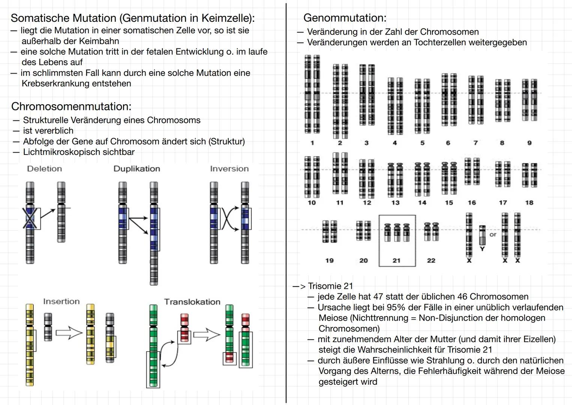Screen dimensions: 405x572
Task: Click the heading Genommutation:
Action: [344, 18]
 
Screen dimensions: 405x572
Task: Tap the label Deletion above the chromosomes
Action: [44, 169]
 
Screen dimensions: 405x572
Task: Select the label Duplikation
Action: [137, 169]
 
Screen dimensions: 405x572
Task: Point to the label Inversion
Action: [229, 169]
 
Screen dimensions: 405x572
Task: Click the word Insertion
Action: [61, 301]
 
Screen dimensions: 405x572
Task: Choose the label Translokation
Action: [192, 302]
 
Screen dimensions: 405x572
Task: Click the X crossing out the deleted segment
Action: [30, 218]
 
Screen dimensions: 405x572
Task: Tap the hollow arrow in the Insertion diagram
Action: [69, 333]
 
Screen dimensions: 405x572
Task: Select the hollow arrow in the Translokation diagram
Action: [207, 334]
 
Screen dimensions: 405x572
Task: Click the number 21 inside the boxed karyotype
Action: [396, 260]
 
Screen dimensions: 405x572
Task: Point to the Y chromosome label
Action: [482, 249]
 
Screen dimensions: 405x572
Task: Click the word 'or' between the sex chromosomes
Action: [492, 235]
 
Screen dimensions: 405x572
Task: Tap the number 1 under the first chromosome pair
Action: [312, 143]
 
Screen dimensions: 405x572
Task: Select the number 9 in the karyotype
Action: [529, 143]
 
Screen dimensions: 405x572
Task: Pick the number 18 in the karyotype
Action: [529, 202]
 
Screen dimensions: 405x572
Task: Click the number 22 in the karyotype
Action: [431, 260]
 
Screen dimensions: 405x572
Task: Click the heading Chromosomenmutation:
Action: [71, 106]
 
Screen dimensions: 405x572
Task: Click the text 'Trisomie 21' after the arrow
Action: [330, 286]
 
